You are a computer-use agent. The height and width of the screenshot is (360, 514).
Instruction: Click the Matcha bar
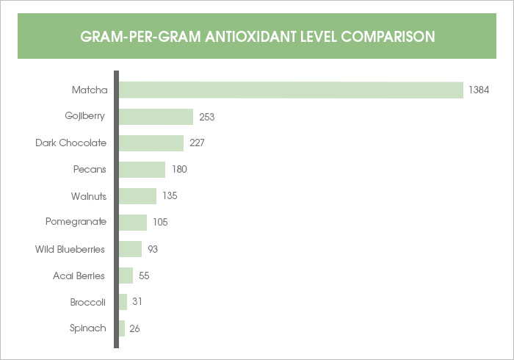coord(291,90)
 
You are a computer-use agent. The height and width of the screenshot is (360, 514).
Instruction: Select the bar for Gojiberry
coord(156,117)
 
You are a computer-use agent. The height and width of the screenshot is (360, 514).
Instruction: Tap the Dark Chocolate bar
coord(151,143)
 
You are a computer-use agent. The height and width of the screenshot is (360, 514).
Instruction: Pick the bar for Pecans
coord(142,170)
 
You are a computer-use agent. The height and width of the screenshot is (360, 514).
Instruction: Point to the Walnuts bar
coord(137,196)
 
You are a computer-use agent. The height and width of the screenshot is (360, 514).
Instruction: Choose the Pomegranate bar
coord(133,222)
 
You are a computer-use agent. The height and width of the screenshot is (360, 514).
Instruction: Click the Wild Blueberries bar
coord(130,249)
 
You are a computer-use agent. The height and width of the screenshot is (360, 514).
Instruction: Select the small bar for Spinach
coord(122,328)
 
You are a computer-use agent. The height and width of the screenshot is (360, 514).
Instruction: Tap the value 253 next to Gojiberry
coord(206,117)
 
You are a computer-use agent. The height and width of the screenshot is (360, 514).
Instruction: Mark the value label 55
coord(144,276)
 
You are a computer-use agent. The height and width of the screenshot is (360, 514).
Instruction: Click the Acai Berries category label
coord(79,276)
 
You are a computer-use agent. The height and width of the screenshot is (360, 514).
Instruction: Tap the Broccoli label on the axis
coord(88,302)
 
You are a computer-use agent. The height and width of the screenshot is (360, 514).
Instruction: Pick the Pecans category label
coord(90,170)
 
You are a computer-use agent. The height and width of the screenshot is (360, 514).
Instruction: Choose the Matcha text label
coord(90,90)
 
